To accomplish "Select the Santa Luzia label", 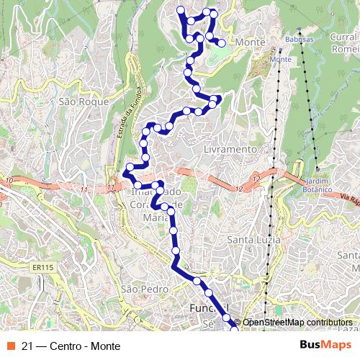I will (x=251, y=239).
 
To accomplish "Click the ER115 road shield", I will (x=43, y=267).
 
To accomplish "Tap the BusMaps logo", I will (x=325, y=345).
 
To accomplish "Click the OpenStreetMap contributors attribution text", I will (x=297, y=322).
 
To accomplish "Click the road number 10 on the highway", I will (x=9, y=179).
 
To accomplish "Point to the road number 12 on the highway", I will (x=256, y=177).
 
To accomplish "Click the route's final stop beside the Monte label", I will (x=222, y=43).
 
